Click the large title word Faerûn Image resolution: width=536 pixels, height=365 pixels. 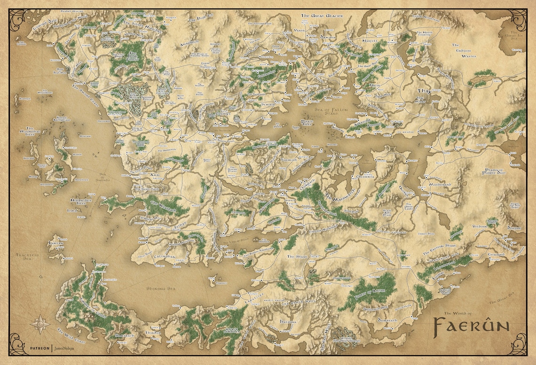tap(470, 325)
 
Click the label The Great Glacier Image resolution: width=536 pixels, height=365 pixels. tap(322, 16)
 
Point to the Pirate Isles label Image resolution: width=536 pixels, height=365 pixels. tap(307, 123)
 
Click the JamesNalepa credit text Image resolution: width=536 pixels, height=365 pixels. tap(65, 349)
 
